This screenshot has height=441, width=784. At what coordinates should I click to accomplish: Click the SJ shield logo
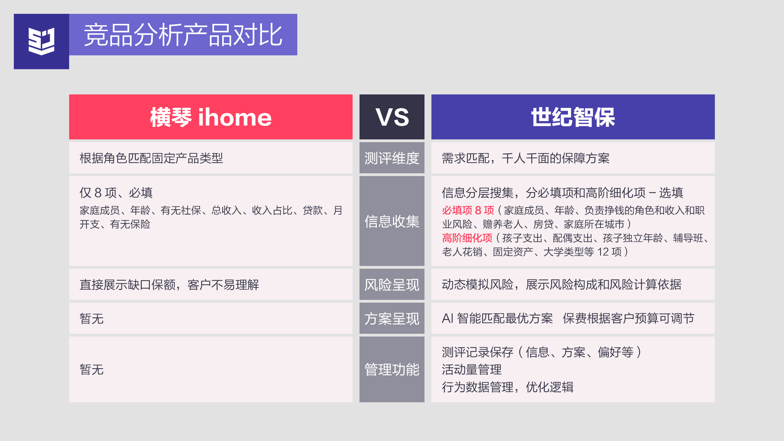pos(41,41)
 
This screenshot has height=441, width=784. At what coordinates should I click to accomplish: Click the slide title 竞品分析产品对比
pos(183,35)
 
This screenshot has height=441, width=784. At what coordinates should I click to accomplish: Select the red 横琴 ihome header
pos(211,117)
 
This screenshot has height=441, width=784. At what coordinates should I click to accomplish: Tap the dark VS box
pos(392,117)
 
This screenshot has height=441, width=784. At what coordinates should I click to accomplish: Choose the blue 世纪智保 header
pos(573,117)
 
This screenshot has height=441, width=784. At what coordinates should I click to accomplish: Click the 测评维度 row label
pos(392,158)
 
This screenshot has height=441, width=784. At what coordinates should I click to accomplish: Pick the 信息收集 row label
pos(392,221)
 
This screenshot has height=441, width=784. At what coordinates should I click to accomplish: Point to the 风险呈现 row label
pos(392,285)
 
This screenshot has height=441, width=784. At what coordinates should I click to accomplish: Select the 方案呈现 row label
pos(392,319)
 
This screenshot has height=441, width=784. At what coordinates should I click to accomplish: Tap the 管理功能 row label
pos(392,369)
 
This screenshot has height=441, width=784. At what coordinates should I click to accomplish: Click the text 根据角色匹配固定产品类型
pos(151,158)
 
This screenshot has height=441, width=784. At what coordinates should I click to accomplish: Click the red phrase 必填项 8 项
pos(468,210)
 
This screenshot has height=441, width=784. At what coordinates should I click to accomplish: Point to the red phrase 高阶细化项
pos(467,238)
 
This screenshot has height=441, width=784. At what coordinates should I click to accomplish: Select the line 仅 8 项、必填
pos(116,193)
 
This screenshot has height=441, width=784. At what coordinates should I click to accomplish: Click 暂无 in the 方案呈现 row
pos(92,319)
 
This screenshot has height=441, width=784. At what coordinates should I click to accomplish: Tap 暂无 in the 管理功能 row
pos(92,369)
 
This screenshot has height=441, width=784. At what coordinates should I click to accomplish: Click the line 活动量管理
pos(472,369)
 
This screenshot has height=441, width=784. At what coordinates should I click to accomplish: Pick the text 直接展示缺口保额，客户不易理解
pos(169,285)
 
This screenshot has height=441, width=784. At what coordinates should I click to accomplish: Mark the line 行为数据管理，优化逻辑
pos(508,387)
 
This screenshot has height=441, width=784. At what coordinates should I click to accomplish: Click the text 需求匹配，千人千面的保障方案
pos(526,158)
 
